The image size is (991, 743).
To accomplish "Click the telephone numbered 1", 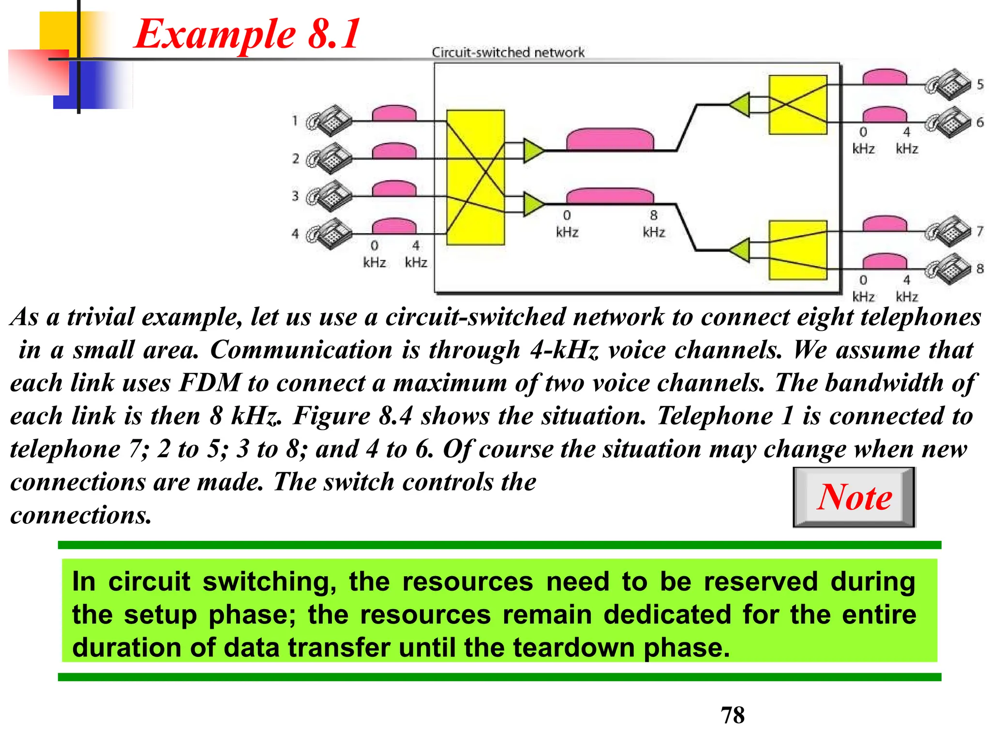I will click(330, 121).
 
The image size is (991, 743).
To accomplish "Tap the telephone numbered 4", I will click(330, 234).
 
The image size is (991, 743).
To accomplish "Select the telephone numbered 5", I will click(948, 85).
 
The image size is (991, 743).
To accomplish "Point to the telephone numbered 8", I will click(948, 269).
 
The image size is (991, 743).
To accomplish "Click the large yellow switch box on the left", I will click(475, 178).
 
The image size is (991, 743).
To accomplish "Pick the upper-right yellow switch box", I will click(798, 104).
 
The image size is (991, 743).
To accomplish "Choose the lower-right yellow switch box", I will click(798, 250).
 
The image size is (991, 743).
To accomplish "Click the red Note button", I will click(854, 497).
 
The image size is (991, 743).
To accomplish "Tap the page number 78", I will click(733, 715).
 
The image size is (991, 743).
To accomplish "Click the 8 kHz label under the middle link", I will click(654, 223).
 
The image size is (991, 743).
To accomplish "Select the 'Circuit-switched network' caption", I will click(508, 52).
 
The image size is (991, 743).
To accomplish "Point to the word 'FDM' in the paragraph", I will click(210, 383).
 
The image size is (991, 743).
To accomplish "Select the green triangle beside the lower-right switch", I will click(740, 250).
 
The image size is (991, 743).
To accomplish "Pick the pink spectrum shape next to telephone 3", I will click(394, 189).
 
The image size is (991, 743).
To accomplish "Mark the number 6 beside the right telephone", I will click(980, 122).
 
